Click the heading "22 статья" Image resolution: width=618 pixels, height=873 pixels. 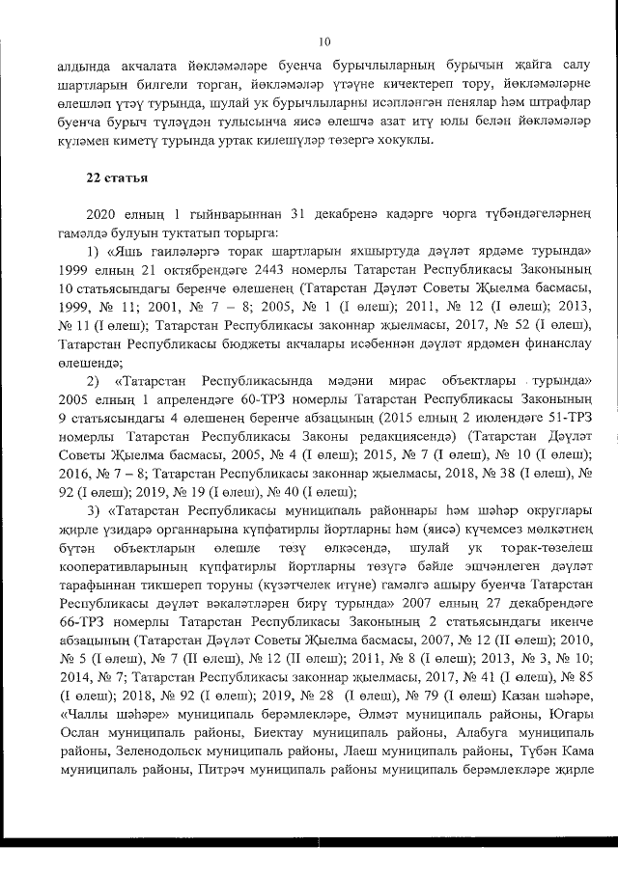(x=114, y=177)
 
